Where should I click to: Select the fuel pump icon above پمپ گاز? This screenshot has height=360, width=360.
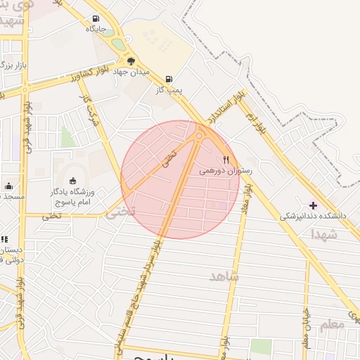pyautogui.click(x=168, y=79)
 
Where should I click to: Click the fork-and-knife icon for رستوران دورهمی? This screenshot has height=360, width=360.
pyautogui.click(x=226, y=160)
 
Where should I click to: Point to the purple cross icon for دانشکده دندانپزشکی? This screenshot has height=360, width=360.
pyautogui.click(x=314, y=205)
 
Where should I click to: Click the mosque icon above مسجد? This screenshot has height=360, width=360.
pyautogui.click(x=8, y=186)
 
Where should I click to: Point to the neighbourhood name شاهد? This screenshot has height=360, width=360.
pyautogui.click(x=224, y=276)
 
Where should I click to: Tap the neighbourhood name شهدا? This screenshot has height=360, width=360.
pyautogui.click(x=323, y=234)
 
